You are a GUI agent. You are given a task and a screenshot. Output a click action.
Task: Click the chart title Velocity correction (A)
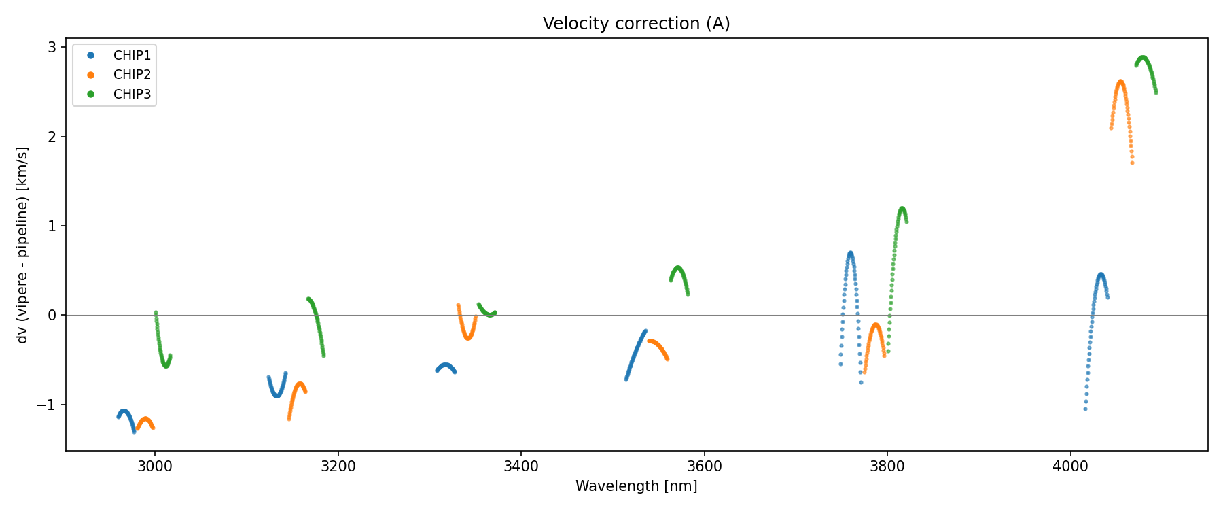[636, 24]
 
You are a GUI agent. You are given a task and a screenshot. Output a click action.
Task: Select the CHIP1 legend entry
[132, 56]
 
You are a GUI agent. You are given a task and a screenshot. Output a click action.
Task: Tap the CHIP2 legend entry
[132, 75]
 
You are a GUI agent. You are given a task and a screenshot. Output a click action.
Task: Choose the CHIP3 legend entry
[132, 95]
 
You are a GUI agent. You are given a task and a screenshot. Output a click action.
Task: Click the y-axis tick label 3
[52, 48]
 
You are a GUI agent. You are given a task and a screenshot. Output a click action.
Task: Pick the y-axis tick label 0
[52, 316]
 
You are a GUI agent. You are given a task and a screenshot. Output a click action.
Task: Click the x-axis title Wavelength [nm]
[636, 486]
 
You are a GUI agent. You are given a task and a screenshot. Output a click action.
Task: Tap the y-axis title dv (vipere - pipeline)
[22, 245]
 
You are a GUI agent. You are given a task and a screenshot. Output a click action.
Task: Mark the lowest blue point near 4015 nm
[1085, 409]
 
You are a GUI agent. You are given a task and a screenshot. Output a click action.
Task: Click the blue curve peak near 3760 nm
[850, 253]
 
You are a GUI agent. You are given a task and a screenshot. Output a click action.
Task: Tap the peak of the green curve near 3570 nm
[677, 267]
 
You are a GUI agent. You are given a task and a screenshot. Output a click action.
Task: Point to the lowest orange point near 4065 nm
[1132, 163]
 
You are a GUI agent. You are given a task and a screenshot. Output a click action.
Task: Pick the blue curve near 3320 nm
[445, 365]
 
